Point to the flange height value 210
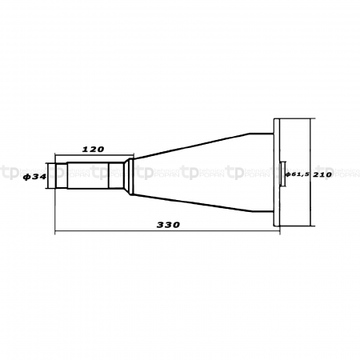322,173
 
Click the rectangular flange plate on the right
277,173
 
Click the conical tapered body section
200,174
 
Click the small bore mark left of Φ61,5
283,173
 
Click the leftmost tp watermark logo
10,172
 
